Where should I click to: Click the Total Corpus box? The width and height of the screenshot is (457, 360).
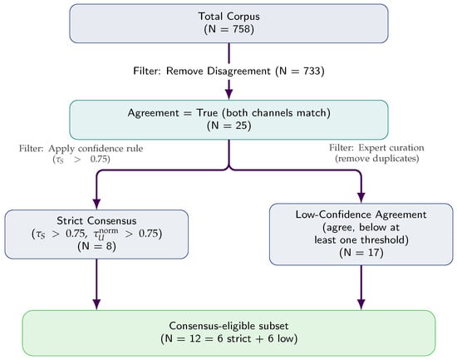pyautogui.click(x=228, y=23)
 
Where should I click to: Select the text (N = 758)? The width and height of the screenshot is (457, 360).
pyautogui.click(x=228, y=31)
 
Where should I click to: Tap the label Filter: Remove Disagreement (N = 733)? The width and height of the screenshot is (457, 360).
pyautogui.click(x=228, y=72)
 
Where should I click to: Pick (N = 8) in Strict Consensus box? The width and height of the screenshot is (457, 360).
pyautogui.click(x=97, y=248)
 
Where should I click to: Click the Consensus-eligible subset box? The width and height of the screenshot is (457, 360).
pyautogui.click(x=228, y=333)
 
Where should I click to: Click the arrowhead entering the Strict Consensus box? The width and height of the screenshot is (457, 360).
pyautogui.click(x=97, y=203)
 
